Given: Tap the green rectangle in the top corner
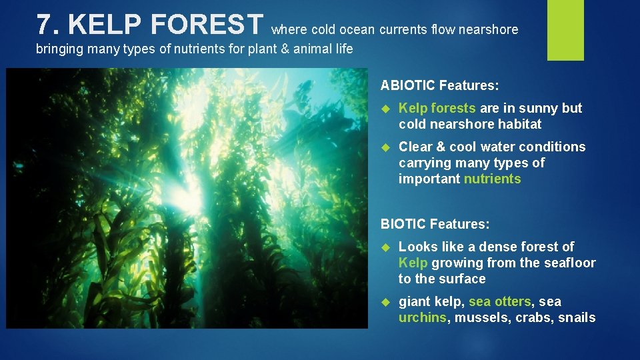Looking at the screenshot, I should [x=565, y=30].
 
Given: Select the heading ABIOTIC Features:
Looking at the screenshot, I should [x=439, y=85].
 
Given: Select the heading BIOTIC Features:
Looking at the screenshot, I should [x=435, y=224].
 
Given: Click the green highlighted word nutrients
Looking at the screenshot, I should [x=492, y=179].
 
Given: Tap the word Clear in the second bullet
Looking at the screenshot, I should [x=415, y=147].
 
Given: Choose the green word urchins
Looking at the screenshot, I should [x=423, y=317].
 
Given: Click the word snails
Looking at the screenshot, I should [x=577, y=317].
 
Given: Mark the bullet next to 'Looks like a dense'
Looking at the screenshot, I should [x=385, y=247].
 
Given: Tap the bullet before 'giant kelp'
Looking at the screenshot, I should [x=385, y=302].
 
